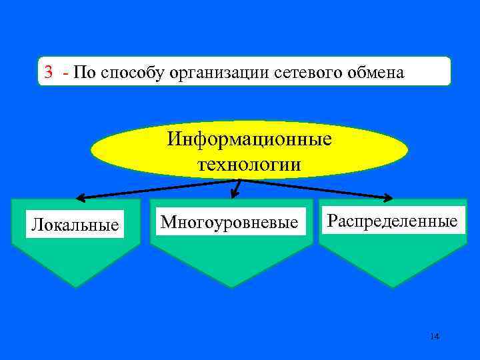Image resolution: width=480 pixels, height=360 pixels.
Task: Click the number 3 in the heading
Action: click(49, 72)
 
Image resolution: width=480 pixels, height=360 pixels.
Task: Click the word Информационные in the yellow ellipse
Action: click(249, 140)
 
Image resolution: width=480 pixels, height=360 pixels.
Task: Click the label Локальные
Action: click(75, 225)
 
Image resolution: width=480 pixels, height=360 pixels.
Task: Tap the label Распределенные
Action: click(392, 221)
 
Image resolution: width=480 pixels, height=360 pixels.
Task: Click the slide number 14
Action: click(435, 336)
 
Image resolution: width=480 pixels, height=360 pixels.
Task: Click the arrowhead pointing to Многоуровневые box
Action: click(234, 195)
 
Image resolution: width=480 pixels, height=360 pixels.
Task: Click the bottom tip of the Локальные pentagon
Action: click(75, 287)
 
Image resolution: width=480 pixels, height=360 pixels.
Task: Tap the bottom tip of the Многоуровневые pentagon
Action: click(231, 287)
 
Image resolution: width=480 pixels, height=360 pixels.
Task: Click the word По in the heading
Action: click(85, 72)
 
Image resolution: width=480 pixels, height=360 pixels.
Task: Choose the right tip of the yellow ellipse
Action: click(408, 150)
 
